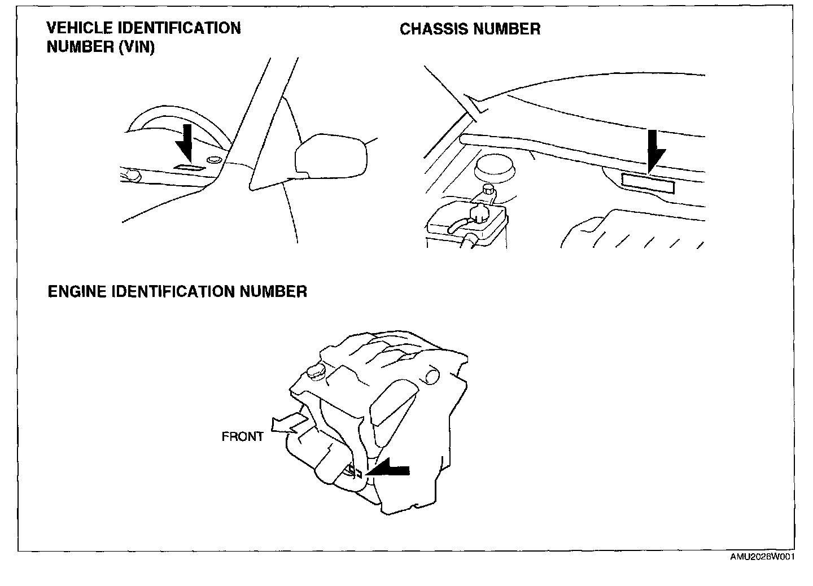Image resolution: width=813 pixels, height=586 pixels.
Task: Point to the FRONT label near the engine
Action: point(242,436)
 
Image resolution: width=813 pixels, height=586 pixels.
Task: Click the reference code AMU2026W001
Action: point(762,557)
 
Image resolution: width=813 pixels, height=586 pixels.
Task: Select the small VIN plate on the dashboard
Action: point(186,168)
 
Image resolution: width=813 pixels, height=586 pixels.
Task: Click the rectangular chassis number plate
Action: point(648,183)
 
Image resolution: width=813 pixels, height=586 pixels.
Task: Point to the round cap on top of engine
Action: point(314,371)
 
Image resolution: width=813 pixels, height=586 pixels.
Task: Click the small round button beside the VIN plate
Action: point(214,161)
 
